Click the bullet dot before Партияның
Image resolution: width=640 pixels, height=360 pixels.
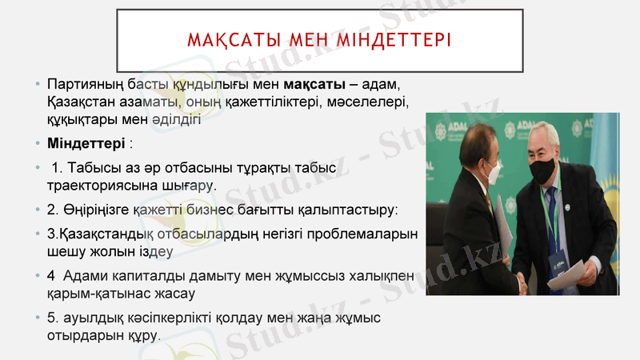click(x=37, y=85)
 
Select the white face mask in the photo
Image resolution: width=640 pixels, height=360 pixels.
click(x=492, y=169)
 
